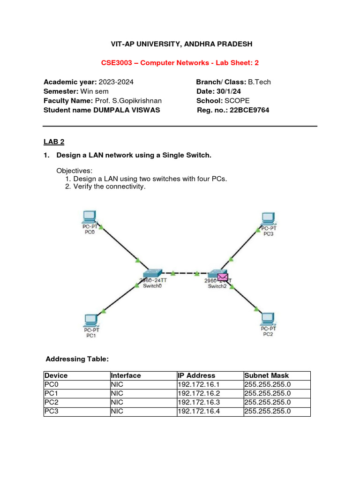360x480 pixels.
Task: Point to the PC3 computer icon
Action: coord(268,218)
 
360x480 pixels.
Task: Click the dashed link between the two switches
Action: coord(185,273)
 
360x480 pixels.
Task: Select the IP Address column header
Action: coord(196,375)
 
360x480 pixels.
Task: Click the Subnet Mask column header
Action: coord(266,375)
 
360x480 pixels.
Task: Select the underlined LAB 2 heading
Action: coord(53,141)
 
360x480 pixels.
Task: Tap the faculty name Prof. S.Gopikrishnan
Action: coord(131,101)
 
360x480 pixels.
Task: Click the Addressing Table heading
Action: coord(77,359)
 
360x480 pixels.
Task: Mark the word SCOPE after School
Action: coord(237,101)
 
